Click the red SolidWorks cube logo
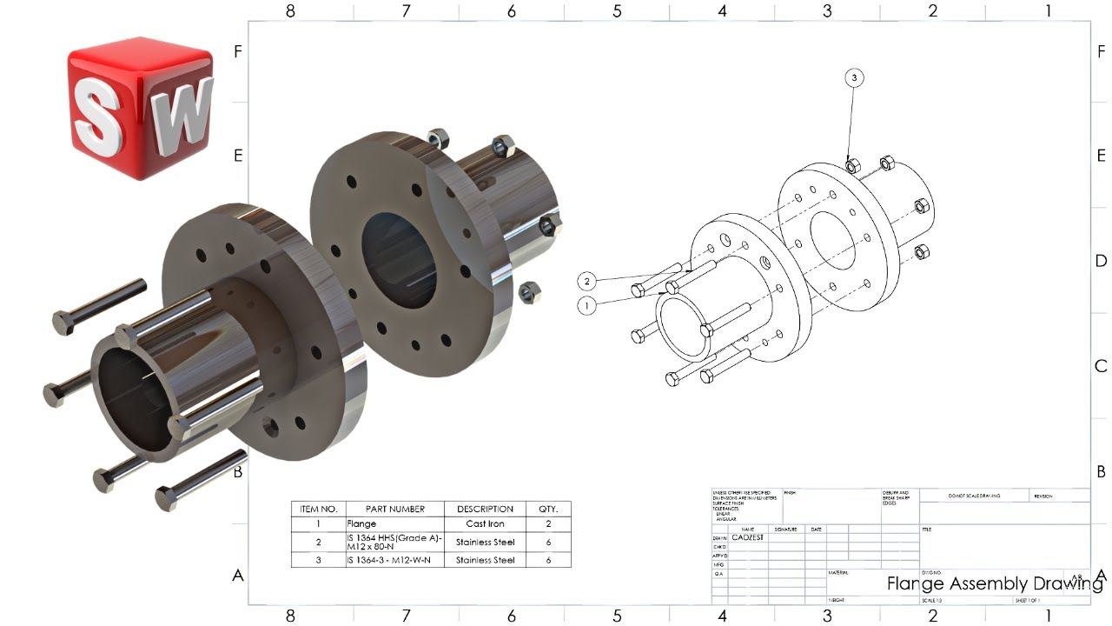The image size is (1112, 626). tap(139, 108)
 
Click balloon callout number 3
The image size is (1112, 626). tap(854, 78)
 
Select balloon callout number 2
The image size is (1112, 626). tap(587, 281)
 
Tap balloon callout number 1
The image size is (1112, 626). tap(587, 305)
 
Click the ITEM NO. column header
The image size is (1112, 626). tap(318, 509)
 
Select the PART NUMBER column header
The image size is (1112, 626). tap(394, 509)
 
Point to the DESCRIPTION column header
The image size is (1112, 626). tap(486, 509)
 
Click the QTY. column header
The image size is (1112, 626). tap(549, 509)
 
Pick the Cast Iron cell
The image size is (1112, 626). tap(486, 524)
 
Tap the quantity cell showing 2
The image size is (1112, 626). tap(549, 524)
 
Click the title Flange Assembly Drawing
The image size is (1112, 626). tap(994, 583)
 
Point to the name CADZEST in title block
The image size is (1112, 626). tap(750, 537)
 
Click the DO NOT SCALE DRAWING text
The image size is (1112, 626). tap(974, 496)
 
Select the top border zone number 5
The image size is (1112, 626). tap(617, 11)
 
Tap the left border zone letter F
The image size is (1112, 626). tap(238, 51)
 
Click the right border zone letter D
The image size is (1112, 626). tap(1101, 261)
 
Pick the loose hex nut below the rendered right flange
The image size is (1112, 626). tap(526, 291)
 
